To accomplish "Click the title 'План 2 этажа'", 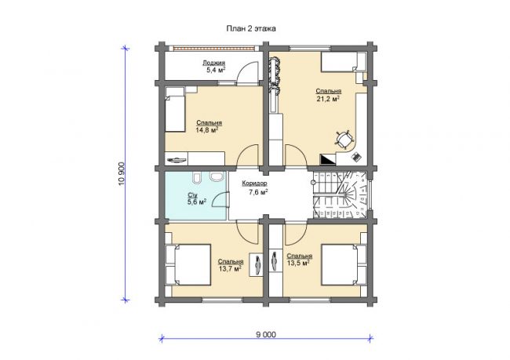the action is click(x=251, y=28).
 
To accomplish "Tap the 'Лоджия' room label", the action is click(x=213, y=63).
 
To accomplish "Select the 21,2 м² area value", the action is click(x=328, y=99).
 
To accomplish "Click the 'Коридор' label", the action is click(x=254, y=184).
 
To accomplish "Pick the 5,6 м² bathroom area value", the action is click(x=196, y=202).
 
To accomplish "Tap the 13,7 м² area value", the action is click(x=230, y=268).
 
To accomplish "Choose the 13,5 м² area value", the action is click(x=298, y=263).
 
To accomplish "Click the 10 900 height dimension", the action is click(x=122, y=173).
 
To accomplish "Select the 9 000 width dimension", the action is click(x=266, y=335).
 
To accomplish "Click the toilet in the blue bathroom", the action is click(x=197, y=178).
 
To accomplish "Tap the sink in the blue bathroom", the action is click(x=217, y=177).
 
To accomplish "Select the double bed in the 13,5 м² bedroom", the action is click(x=343, y=265).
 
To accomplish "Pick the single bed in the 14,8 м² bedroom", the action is click(x=175, y=114).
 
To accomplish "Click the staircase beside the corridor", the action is click(x=341, y=195).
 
